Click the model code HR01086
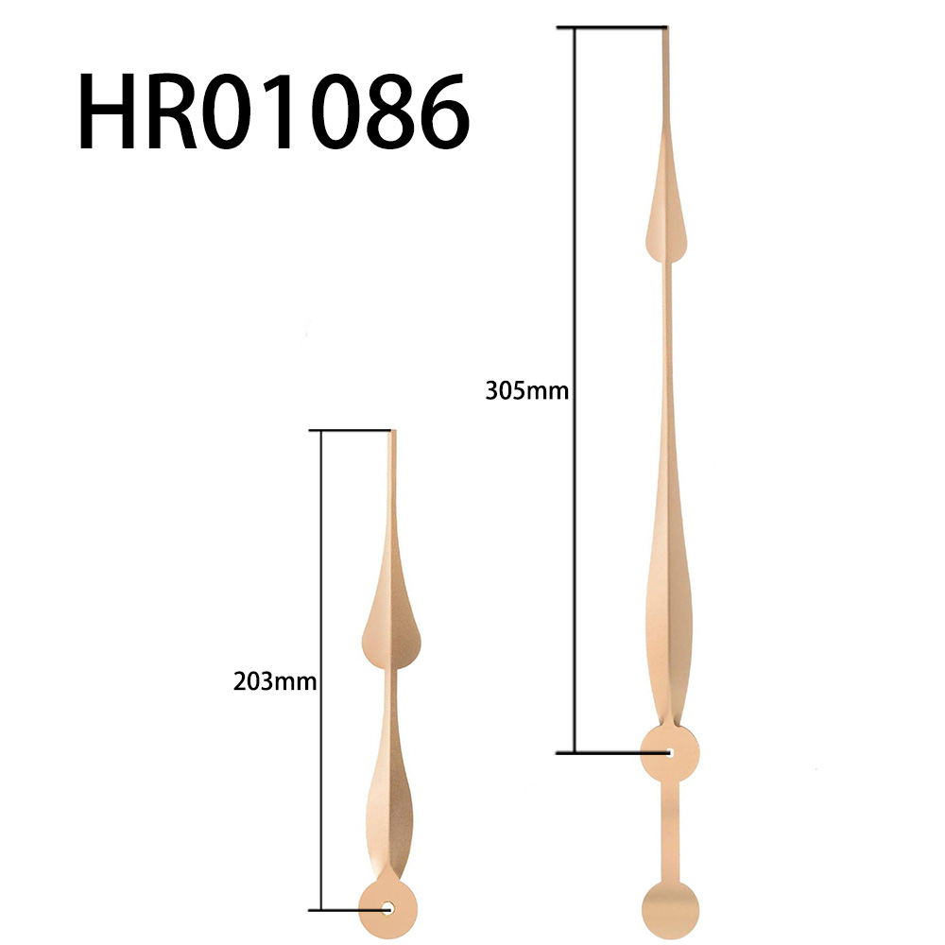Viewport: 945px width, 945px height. pos(273,113)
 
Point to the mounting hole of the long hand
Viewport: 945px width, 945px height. pos(669,753)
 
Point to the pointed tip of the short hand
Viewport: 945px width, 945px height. pos(393,434)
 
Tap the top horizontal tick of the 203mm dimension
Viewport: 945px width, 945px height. pos(354,431)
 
